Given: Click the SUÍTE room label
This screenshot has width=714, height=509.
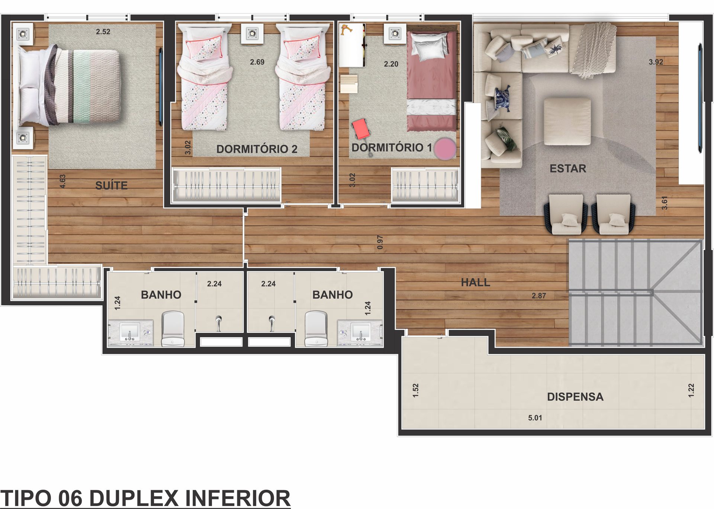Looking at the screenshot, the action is pyautogui.click(x=111, y=185).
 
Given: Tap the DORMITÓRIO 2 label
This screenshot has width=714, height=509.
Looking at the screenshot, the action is pyautogui.click(x=257, y=149).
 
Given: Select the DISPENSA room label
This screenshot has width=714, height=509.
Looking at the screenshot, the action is pyautogui.click(x=575, y=397).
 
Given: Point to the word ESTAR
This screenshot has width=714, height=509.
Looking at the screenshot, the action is pyautogui.click(x=568, y=168).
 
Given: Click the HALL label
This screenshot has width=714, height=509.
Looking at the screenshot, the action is pyautogui.click(x=475, y=283).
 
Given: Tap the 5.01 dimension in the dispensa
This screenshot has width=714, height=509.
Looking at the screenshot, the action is pyautogui.click(x=535, y=418).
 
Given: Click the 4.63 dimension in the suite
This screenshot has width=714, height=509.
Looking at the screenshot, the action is pyautogui.click(x=62, y=181).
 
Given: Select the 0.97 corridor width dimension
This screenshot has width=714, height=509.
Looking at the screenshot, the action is pyautogui.click(x=380, y=242).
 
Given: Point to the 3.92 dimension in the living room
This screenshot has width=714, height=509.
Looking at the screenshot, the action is pyautogui.click(x=656, y=62).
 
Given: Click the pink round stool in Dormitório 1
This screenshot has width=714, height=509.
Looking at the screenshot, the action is pyautogui.click(x=445, y=148).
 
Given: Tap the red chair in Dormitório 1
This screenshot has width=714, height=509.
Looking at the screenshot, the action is pyautogui.click(x=361, y=129).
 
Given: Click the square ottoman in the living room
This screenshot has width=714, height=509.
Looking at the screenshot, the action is pyautogui.click(x=567, y=122).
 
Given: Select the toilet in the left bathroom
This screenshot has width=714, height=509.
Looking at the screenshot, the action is pyautogui.click(x=173, y=329).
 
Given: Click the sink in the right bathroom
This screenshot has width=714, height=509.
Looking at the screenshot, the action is pyautogui.click(x=360, y=331).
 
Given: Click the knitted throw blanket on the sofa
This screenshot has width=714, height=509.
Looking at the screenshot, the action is pyautogui.click(x=594, y=50).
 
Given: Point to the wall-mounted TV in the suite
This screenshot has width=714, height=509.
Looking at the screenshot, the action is pyautogui.click(x=161, y=86).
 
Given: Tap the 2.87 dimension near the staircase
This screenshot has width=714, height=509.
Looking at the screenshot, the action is pyautogui.click(x=539, y=296).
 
